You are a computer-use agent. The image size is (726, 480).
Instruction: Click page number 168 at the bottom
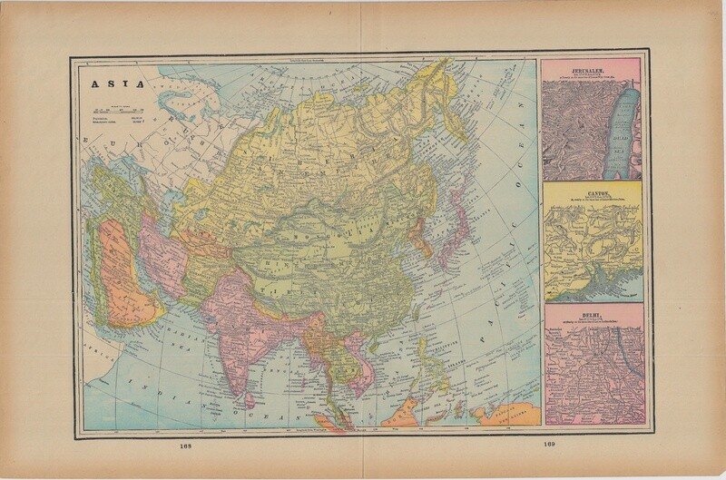click(188, 445)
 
